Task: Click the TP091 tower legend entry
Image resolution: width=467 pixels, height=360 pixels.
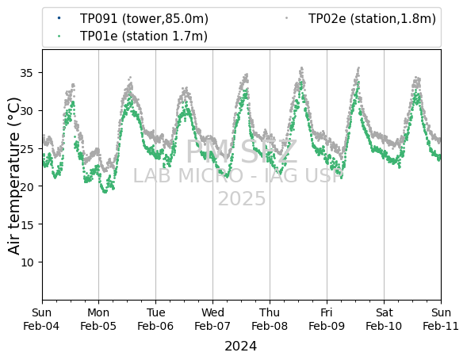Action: (x=144, y=19)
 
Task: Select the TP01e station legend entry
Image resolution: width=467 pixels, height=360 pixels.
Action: (x=144, y=36)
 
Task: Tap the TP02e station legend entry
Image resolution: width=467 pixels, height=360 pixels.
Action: (x=372, y=19)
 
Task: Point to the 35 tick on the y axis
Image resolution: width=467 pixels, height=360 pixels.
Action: (x=26, y=73)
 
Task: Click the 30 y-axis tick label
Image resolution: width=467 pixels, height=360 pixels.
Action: (x=26, y=111)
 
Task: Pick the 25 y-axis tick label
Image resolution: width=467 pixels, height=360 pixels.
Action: (x=26, y=148)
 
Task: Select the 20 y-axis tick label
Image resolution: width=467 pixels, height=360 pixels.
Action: (x=26, y=186)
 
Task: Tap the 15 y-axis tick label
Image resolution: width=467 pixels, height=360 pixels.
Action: (x=26, y=224)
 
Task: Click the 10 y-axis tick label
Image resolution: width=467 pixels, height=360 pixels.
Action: (x=26, y=262)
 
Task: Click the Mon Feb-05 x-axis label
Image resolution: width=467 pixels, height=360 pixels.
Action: (x=98, y=320)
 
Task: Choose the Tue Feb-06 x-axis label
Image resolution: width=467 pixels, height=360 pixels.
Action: (x=155, y=320)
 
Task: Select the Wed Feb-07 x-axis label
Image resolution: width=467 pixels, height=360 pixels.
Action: (x=212, y=320)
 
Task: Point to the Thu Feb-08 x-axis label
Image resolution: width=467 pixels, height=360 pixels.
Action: (x=270, y=320)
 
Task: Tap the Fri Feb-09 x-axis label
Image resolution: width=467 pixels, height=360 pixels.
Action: (x=327, y=320)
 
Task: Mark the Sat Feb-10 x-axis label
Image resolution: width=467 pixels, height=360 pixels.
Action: (x=384, y=320)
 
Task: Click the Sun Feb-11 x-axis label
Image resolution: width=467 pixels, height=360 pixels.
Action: (x=441, y=320)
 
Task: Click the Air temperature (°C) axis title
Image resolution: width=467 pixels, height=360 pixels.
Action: (x=13, y=176)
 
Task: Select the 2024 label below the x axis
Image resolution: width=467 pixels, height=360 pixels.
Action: (x=241, y=347)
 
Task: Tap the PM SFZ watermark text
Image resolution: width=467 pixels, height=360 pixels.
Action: (x=242, y=152)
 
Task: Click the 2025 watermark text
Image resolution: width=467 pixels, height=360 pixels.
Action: (x=242, y=198)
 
